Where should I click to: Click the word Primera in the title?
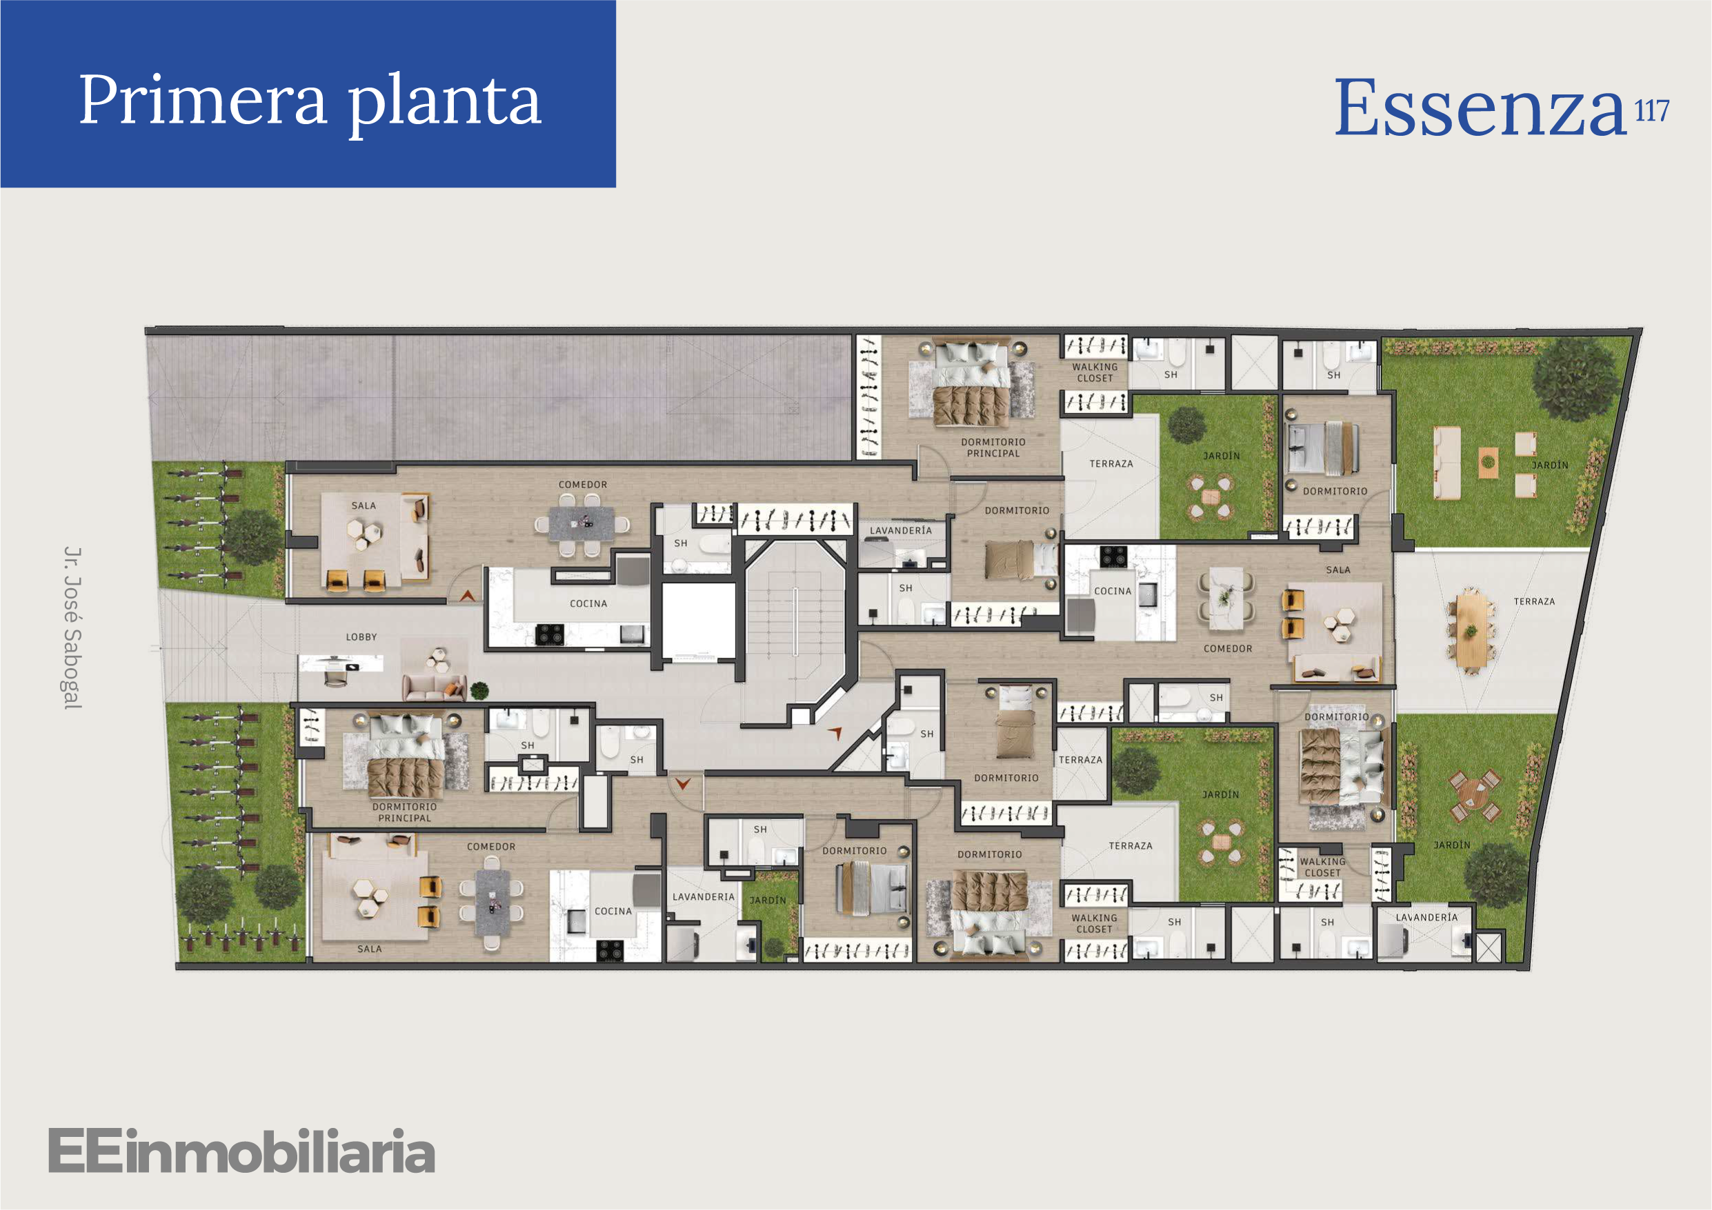[203, 100]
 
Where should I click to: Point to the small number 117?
[1651, 111]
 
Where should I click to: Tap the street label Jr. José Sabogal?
[72, 627]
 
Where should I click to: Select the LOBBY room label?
[361, 636]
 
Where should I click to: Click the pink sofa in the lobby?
[434, 687]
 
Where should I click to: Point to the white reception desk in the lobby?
[340, 663]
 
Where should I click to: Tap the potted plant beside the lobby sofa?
[479, 690]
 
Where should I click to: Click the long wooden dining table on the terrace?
[1470, 631]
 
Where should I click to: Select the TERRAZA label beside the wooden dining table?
[1534, 602]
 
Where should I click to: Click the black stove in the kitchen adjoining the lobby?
[550, 634]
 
